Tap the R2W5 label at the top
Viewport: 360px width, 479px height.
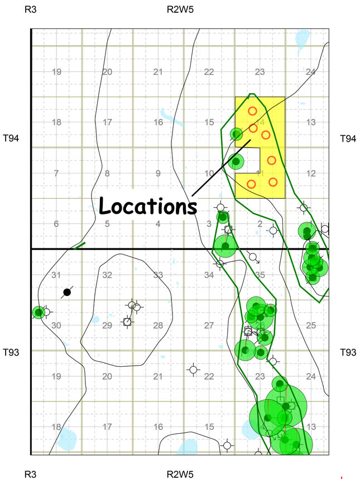(x=180, y=9)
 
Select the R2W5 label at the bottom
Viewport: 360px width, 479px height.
(x=180, y=474)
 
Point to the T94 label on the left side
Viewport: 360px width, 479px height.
(x=12, y=137)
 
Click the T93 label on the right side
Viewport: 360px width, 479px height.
(x=348, y=352)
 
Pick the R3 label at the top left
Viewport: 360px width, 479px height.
(x=30, y=9)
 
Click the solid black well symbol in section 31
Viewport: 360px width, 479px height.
(x=67, y=292)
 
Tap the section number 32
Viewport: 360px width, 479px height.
(x=108, y=275)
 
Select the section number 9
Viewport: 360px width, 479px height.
(x=159, y=174)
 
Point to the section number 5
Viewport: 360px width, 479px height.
(x=107, y=224)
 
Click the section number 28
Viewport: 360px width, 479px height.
(x=159, y=325)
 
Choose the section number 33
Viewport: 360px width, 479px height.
(x=159, y=275)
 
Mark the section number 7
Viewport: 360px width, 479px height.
(x=56, y=174)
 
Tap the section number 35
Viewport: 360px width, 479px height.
(x=260, y=275)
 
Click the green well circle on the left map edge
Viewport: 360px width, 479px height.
(x=38, y=312)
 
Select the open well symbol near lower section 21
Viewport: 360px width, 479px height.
(x=193, y=369)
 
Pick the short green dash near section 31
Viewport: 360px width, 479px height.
(x=80, y=244)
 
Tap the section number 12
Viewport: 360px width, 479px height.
(x=311, y=174)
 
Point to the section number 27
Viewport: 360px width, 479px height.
(x=209, y=325)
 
